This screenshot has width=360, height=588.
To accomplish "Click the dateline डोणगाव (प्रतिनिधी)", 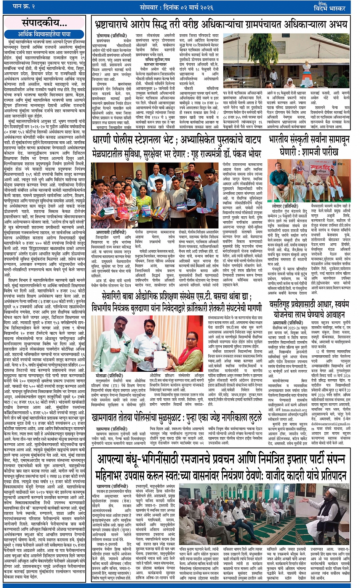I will [x=111, y=35].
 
